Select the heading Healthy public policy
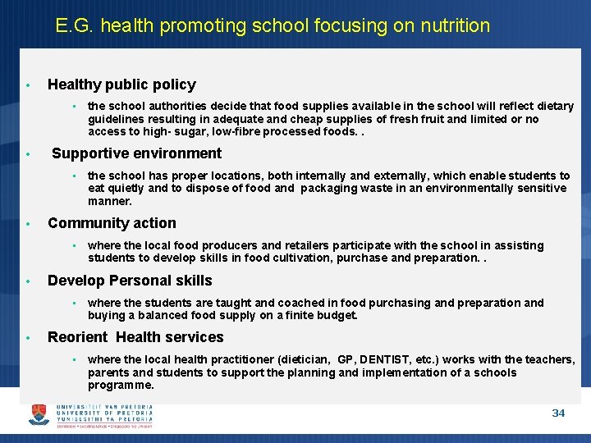click(121, 84)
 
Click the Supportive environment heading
click(136, 153)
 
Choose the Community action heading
click(112, 223)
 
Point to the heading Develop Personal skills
click(130, 281)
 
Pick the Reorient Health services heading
click(135, 337)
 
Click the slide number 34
click(558, 413)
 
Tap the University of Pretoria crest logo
click(39, 414)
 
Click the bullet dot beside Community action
click(28, 224)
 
